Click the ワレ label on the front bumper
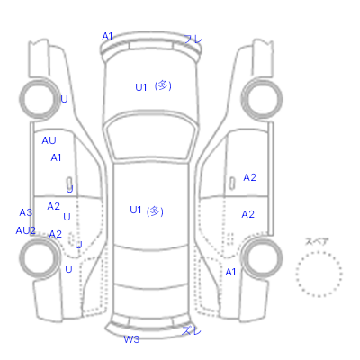(193, 39)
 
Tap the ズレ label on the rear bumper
(191, 330)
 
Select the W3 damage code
(131, 339)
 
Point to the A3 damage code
(26, 212)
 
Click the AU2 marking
(26, 230)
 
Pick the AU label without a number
(49, 140)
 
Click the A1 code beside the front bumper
(107, 36)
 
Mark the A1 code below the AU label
(56, 157)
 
